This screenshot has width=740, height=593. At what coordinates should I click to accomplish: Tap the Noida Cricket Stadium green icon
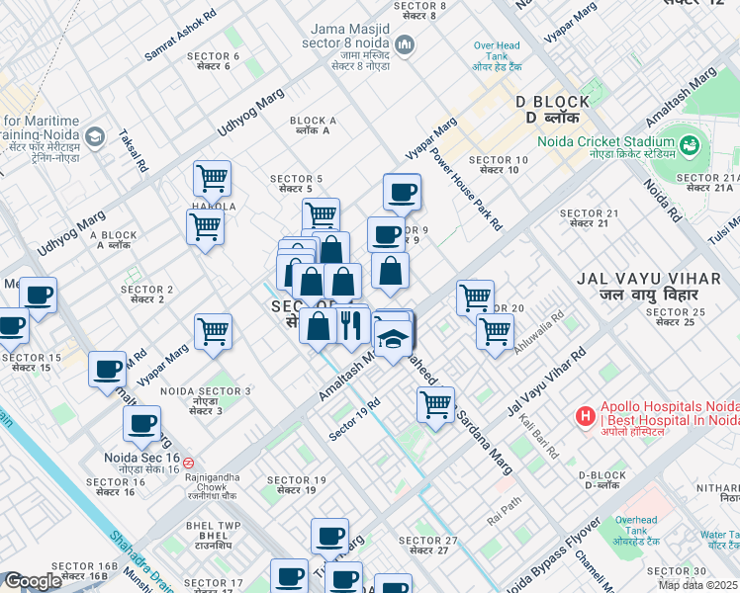(690, 146)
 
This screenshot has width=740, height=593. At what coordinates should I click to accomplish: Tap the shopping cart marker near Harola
(212, 178)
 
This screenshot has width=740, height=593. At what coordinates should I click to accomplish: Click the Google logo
(33, 581)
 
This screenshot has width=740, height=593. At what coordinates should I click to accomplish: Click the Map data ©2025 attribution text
(698, 585)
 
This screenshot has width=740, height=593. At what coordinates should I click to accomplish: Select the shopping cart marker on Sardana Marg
(435, 403)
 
